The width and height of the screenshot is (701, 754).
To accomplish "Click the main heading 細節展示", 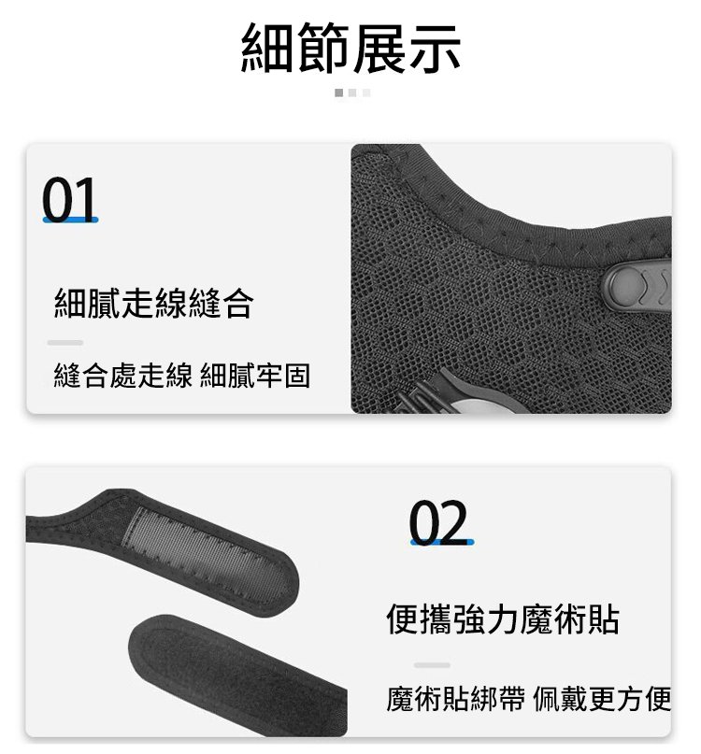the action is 350,48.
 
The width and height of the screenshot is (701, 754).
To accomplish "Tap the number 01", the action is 70,198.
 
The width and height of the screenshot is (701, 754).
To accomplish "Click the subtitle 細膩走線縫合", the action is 153,303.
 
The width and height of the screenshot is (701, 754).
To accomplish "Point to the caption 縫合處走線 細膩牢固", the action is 182,375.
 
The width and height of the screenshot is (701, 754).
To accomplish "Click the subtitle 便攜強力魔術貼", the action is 503,619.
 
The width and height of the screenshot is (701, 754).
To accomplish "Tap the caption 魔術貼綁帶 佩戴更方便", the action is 529,699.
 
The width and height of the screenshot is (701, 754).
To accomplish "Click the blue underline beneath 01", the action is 70,220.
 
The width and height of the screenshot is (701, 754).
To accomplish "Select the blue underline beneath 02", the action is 442,543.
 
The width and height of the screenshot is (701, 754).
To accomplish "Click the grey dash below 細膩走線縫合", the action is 65,343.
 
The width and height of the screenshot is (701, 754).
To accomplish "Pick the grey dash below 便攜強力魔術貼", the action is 432,665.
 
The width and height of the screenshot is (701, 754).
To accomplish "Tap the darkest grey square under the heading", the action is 338,92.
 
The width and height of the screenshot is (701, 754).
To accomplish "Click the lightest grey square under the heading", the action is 366,92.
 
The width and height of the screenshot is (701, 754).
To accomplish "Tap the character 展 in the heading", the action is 379,48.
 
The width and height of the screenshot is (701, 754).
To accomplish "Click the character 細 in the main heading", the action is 267,48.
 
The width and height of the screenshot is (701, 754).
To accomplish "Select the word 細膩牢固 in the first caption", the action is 255,375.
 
